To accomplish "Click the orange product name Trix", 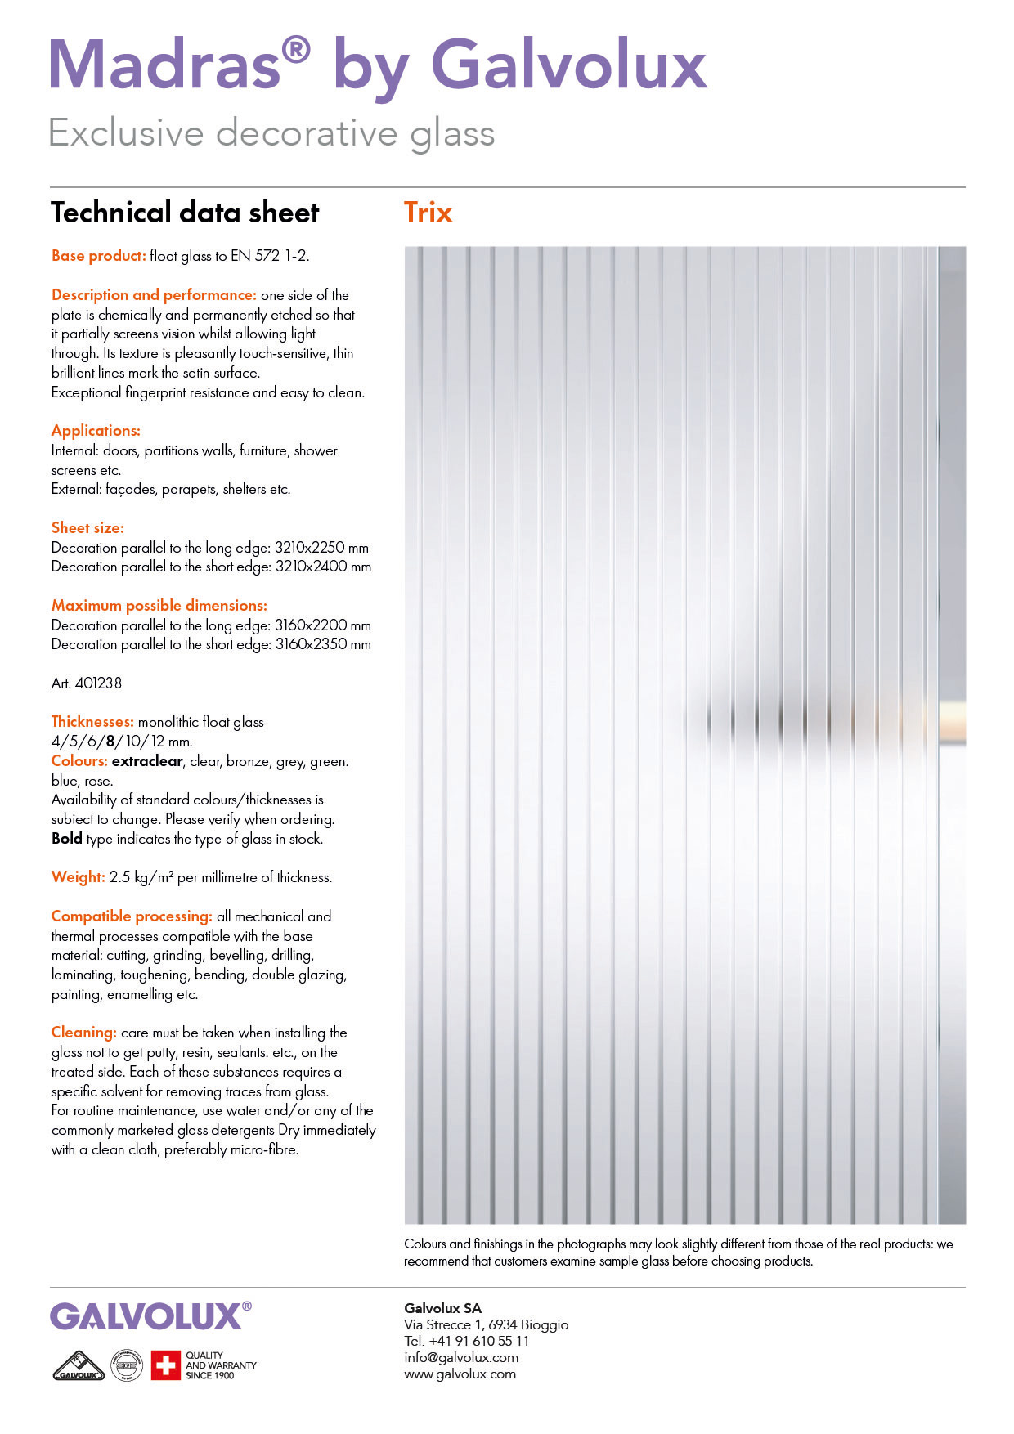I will (428, 213).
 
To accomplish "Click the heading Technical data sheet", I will (185, 213).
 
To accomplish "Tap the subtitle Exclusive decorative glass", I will (271, 133).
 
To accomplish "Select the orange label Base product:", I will (99, 256).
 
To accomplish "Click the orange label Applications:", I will (96, 431).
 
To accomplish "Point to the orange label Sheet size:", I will (87, 528).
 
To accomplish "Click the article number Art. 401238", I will (87, 683).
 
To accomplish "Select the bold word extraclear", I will (147, 761).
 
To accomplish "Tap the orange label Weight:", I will (79, 877).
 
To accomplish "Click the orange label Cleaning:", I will (84, 1033).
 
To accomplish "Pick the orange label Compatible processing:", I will (132, 916).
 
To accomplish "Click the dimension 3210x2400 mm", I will (323, 567).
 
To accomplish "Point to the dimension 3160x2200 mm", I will (323, 625).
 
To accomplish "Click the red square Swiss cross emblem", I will (165, 1365).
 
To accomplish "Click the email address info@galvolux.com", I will (461, 1357).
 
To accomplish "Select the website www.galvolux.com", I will (460, 1374).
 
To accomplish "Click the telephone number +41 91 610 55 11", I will (478, 1341).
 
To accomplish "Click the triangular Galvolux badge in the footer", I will (79, 1365).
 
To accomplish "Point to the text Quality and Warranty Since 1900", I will (221, 1365).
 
